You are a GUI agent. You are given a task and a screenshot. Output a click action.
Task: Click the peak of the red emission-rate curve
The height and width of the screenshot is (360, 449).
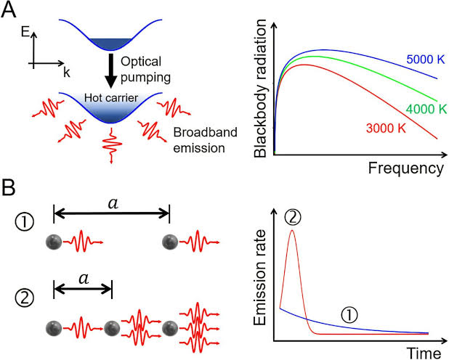pos(292,230)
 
